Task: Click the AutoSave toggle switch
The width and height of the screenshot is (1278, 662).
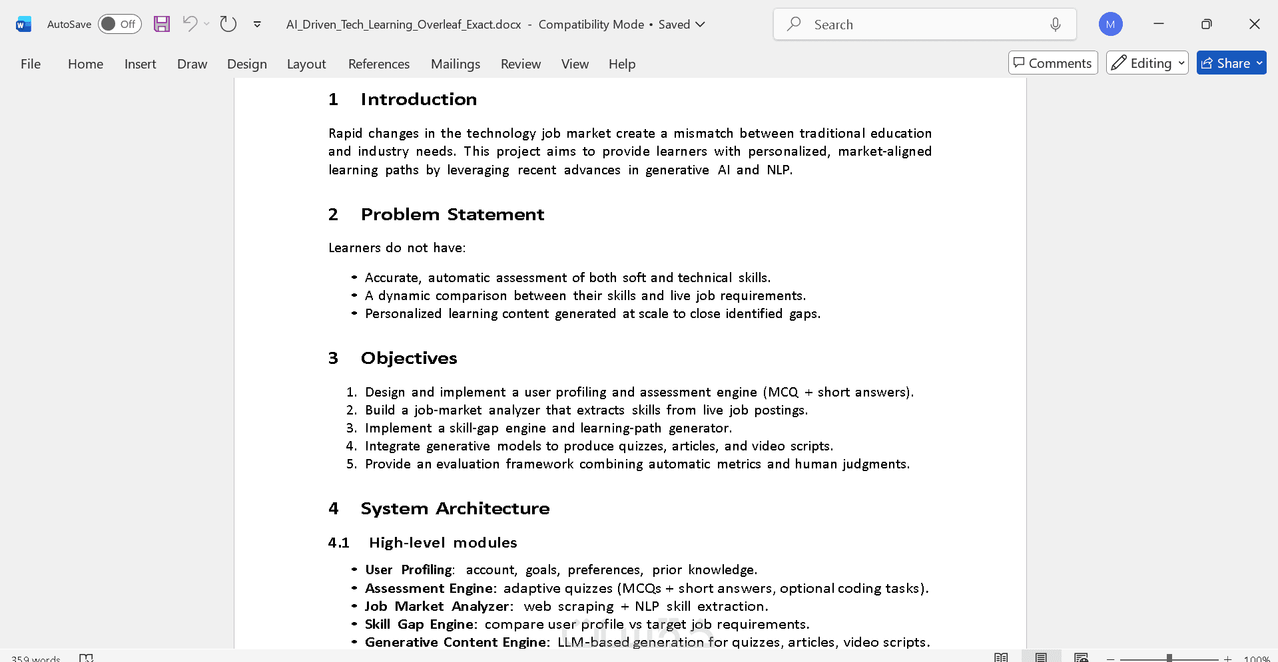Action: click(x=119, y=25)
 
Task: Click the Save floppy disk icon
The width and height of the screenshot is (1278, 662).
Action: click(x=162, y=25)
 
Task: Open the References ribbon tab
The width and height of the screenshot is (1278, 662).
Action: click(x=378, y=64)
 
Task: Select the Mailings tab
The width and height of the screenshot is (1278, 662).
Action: click(x=455, y=64)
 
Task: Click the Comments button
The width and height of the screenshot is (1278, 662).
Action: click(x=1052, y=63)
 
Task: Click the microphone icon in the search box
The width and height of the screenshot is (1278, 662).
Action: click(x=1055, y=25)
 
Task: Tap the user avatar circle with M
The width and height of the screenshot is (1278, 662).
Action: click(x=1110, y=25)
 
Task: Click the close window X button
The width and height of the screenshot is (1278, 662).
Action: click(x=1254, y=25)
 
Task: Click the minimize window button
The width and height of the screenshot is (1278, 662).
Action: click(x=1159, y=25)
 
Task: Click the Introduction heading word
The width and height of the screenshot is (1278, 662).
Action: click(x=418, y=100)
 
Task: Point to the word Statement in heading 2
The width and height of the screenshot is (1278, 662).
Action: click(x=495, y=215)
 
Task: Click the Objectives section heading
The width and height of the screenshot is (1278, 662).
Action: click(x=408, y=359)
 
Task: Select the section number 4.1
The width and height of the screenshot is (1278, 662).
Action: click(x=338, y=543)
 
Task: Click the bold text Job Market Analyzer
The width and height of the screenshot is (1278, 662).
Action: click(x=437, y=607)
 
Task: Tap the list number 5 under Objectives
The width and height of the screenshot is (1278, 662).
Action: click(x=351, y=464)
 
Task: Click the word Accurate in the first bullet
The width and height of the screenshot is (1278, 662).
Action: click(x=392, y=278)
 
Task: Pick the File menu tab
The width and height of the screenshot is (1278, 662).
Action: click(x=31, y=64)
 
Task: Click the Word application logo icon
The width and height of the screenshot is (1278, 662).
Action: click(x=23, y=25)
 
